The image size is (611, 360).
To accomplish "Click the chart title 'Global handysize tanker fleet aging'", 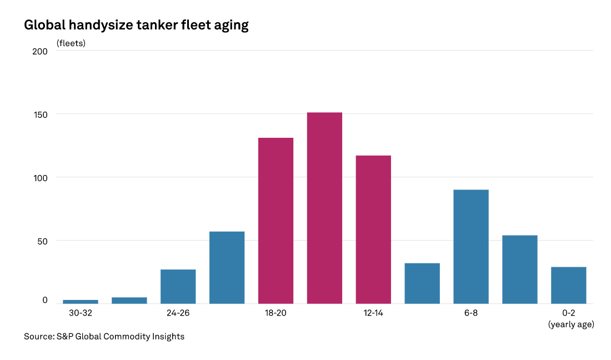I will [136, 25].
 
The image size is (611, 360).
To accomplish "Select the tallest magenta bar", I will [324, 208].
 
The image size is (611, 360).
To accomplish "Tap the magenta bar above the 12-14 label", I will [373, 229].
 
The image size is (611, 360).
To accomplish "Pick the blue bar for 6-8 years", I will [471, 247].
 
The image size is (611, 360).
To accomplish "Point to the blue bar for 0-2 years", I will [568, 285].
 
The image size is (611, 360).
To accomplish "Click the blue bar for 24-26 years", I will [178, 286].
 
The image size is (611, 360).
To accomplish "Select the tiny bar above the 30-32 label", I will [81, 302].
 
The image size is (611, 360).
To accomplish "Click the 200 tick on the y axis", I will [40, 51].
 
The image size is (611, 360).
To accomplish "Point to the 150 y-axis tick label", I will [40, 114].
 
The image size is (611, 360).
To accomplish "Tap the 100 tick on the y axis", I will [40, 178].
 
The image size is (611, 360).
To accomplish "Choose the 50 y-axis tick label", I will [42, 241].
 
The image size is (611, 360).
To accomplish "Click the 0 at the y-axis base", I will [45, 301].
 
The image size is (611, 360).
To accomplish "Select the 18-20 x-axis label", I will [276, 313].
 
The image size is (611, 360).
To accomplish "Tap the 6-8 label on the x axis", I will [471, 313].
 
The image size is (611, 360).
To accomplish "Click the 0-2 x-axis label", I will [568, 313].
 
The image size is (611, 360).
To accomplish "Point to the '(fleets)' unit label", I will [71, 42].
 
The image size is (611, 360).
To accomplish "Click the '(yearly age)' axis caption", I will [570, 324].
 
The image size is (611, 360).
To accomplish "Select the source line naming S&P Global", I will [104, 337].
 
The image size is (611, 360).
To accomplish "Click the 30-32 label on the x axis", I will [81, 313].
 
